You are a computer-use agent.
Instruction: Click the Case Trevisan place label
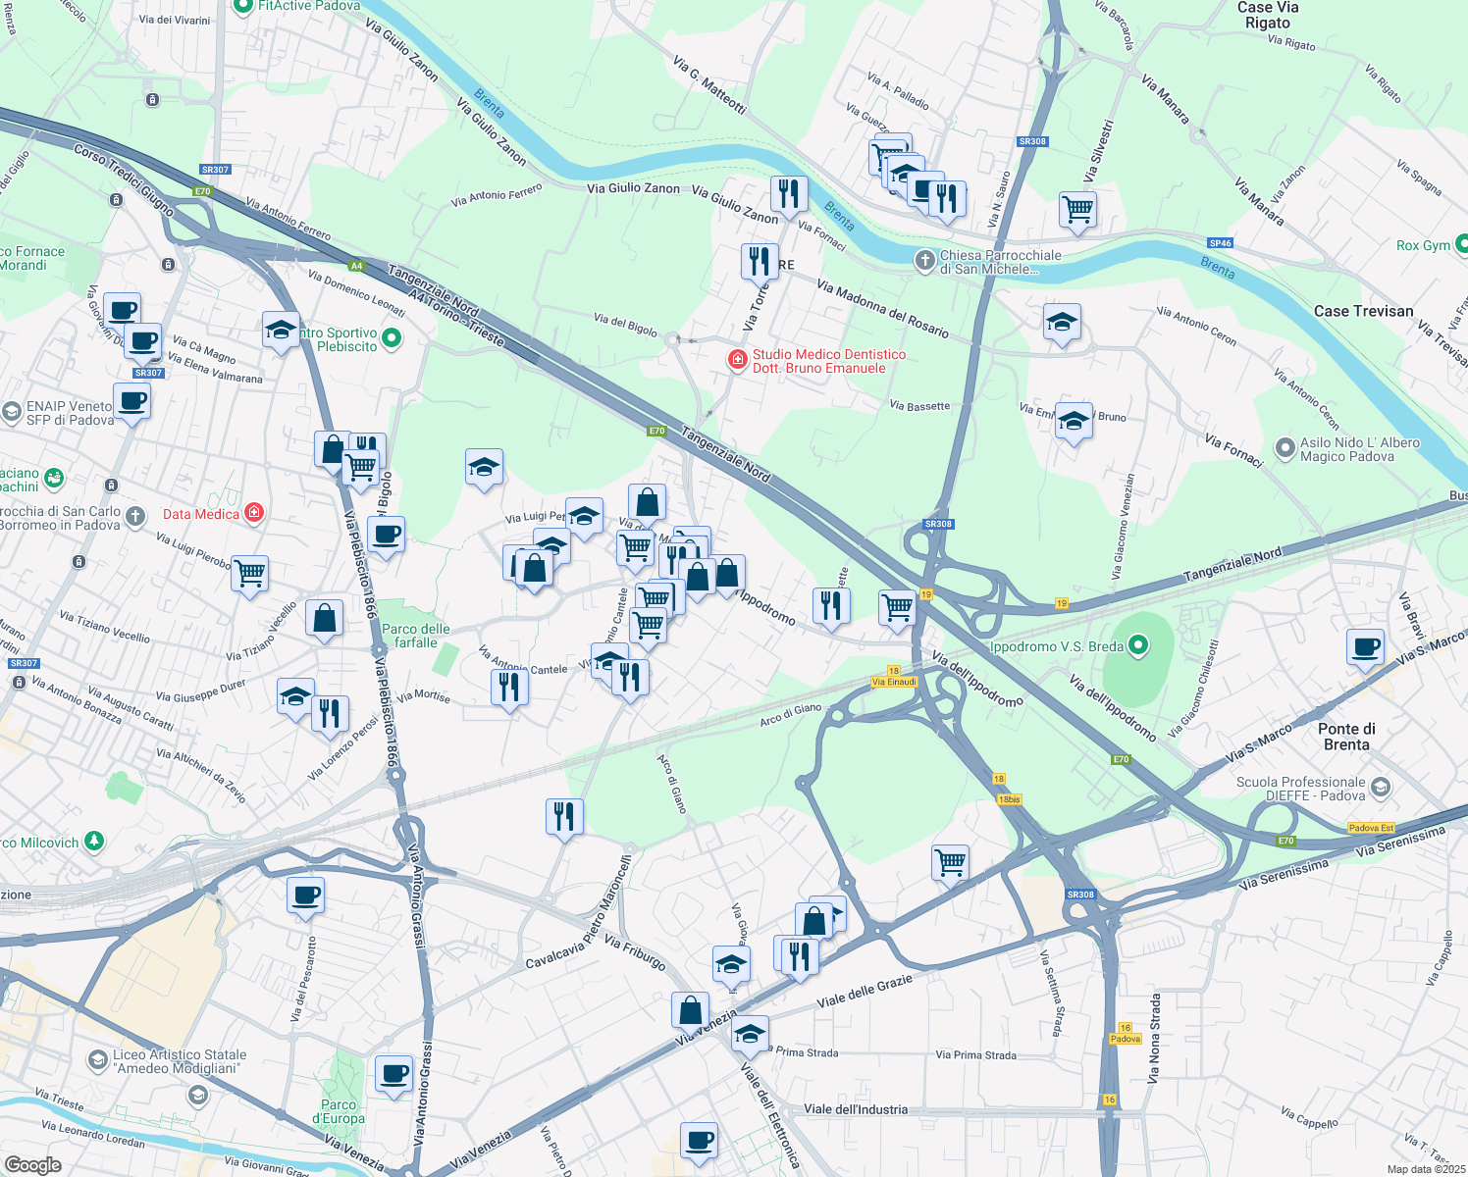tap(1363, 311)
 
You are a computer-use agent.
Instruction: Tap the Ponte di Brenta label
tap(1346, 737)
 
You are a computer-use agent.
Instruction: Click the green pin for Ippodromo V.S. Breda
tap(1138, 645)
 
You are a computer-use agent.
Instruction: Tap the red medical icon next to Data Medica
tap(254, 513)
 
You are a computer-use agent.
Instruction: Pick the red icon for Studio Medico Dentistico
tap(737, 361)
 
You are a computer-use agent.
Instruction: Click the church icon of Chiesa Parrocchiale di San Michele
tap(924, 261)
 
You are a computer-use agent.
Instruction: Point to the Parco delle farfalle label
tap(416, 636)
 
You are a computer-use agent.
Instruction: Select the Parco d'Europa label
tap(339, 1111)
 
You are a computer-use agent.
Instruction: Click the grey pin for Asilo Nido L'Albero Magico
tap(1285, 449)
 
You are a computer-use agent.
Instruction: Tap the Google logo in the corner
tap(33, 1165)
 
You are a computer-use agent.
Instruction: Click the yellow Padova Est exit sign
tap(1371, 828)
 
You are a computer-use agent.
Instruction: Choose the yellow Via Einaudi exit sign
tap(894, 682)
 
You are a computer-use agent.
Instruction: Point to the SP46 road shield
tap(1220, 243)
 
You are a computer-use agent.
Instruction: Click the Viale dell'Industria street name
tap(856, 1109)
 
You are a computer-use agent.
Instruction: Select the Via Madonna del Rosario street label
tap(882, 309)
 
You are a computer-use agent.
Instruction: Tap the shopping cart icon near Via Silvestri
tap(1077, 209)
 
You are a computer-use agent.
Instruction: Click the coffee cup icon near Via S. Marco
tap(1365, 646)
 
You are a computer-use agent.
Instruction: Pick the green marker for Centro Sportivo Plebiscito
tap(392, 339)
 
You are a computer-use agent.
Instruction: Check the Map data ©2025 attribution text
tap(1425, 1169)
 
